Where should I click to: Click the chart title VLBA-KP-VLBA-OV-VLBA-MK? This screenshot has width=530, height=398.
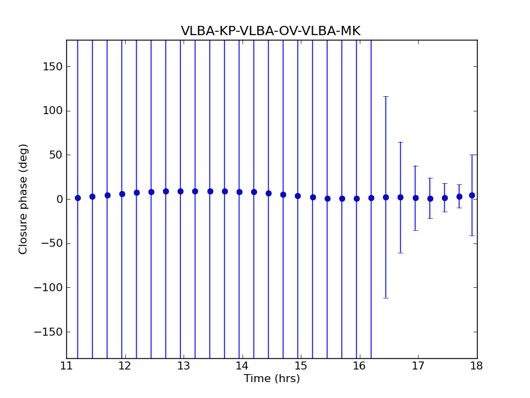click(270, 31)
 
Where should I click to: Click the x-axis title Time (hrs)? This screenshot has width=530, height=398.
click(272, 379)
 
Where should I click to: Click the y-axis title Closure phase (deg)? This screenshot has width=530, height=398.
click(24, 199)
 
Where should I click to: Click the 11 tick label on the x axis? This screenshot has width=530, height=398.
click(66, 365)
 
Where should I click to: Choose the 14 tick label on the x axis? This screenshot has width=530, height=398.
click(242, 365)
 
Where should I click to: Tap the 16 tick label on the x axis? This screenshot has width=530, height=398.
click(360, 365)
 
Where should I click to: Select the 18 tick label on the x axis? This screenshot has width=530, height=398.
click(477, 365)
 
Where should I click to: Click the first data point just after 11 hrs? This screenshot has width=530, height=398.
click(78, 198)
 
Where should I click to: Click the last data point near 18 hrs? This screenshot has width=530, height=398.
click(472, 195)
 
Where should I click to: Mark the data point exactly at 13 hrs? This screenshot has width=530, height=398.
click(180, 191)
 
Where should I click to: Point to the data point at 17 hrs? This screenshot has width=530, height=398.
click(415, 198)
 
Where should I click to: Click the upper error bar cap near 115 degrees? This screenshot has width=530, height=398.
click(386, 97)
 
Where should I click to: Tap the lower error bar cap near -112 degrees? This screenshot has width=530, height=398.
click(386, 298)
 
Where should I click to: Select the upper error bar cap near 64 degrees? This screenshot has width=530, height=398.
click(400, 142)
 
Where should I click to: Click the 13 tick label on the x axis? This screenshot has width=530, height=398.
click(184, 365)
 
